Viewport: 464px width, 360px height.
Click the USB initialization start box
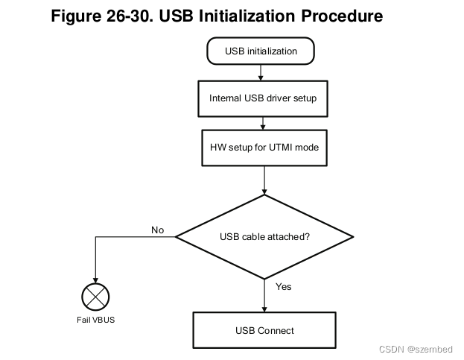point(261,51)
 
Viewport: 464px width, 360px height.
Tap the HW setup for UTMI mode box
point(264,147)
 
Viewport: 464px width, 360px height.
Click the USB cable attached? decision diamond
point(264,237)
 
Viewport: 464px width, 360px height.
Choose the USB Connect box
point(264,330)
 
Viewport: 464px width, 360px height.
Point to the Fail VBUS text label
point(95,320)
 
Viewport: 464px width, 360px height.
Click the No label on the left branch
point(157,230)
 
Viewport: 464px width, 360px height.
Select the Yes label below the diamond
point(284,286)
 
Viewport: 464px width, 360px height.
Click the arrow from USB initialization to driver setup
point(261,72)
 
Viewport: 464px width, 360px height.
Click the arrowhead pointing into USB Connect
point(264,309)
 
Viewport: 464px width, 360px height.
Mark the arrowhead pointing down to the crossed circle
point(95,280)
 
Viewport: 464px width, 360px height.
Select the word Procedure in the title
point(341,15)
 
